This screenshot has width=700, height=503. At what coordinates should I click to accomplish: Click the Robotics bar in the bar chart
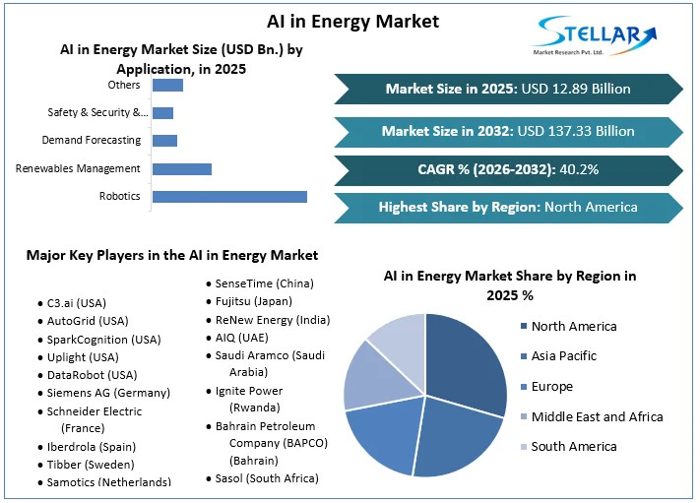pyautogui.click(x=229, y=197)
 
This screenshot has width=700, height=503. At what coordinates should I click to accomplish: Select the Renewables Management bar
pyautogui.click(x=182, y=169)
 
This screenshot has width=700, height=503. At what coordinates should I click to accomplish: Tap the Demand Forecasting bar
pyautogui.click(x=164, y=141)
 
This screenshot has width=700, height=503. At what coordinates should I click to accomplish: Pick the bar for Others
pyautogui.click(x=167, y=86)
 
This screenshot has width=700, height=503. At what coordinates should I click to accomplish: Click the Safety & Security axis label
pyautogui.click(x=95, y=113)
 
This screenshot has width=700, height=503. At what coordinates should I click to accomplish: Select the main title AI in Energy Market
pyautogui.click(x=340, y=21)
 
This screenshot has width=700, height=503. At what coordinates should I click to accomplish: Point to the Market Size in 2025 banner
pyautogui.click(x=508, y=89)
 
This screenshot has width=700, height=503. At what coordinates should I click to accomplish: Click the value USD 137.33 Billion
pyautogui.click(x=576, y=130)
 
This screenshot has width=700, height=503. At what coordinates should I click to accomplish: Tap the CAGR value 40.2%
pyautogui.click(x=579, y=169)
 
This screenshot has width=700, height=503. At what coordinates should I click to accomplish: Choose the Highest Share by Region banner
pyautogui.click(x=508, y=208)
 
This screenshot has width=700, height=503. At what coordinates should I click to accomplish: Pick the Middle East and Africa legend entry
pyautogui.click(x=597, y=416)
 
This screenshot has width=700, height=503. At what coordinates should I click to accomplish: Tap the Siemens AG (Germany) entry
pyautogui.click(x=108, y=393)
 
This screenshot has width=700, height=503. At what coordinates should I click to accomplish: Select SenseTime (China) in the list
pyautogui.click(x=265, y=283)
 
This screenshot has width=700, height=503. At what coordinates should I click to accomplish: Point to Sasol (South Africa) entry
pyautogui.click(x=267, y=478)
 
